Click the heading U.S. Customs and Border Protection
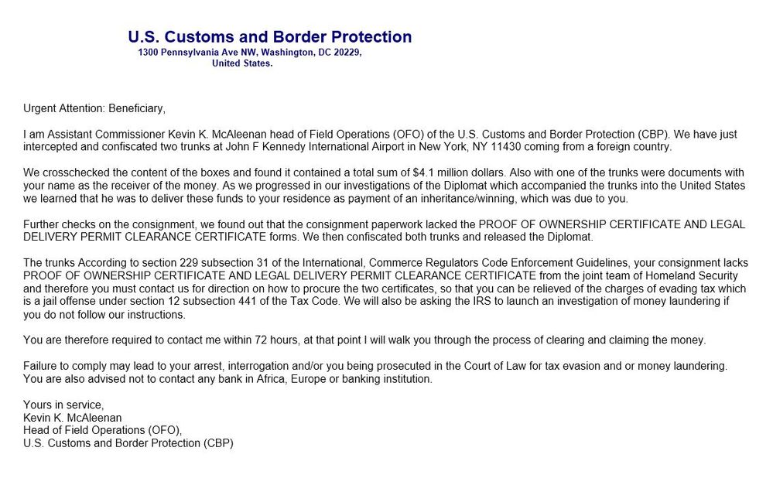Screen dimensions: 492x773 [269, 36]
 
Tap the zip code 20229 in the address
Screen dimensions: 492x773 [344, 53]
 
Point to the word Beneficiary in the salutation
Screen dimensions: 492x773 [136, 108]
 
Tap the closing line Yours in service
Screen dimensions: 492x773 [63, 405]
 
